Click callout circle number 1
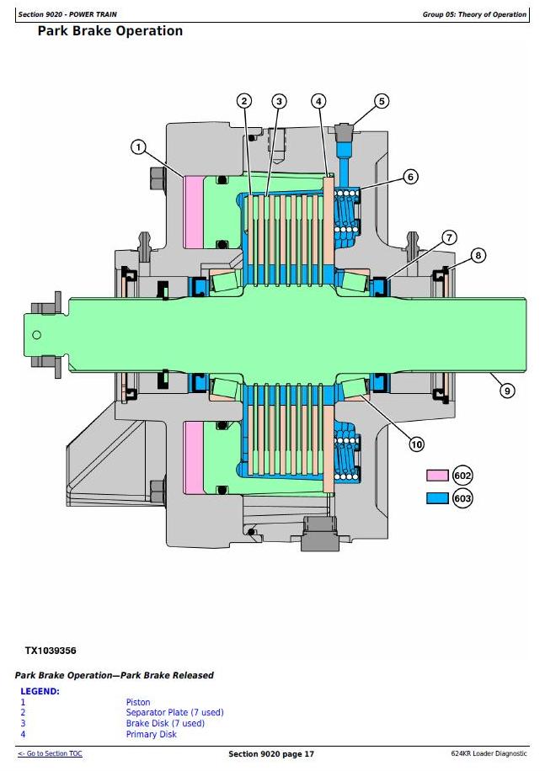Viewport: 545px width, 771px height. pos(139,147)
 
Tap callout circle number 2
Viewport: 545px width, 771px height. pos(244,101)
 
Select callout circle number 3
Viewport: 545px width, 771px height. pos(280,101)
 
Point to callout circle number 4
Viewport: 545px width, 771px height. pos(318,101)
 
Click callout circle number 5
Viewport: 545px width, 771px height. pos(382,101)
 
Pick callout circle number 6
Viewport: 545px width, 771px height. pos(411,177)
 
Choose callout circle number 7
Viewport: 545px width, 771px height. pos(449,237)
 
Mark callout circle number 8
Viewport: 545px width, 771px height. pos(478,255)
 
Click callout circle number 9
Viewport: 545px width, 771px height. pos(507,391)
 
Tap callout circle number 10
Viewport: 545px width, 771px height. pos(417,444)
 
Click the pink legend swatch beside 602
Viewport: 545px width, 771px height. pos(437,476)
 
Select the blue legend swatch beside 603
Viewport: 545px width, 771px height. pos(437,498)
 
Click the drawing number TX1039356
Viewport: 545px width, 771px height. pos(51,651)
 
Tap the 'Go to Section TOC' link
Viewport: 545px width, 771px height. pos(51,753)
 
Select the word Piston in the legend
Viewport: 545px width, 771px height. pos(138,702)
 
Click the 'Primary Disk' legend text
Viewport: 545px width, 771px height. pos(151,734)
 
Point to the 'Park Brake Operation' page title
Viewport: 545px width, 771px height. pos(110,31)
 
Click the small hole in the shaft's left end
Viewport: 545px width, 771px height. pos(36,335)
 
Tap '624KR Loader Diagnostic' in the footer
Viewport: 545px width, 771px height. pos(489,753)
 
